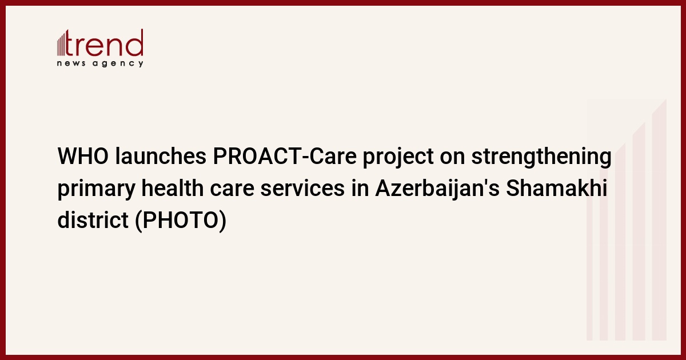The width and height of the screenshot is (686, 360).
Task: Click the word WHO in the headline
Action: [83, 156]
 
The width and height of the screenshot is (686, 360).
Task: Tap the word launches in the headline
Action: [161, 156]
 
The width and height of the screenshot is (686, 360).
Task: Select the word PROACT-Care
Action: [285, 156]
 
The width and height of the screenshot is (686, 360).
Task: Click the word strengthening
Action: [541, 157]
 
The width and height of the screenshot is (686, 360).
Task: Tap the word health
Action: [173, 188]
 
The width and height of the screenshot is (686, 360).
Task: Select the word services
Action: [302, 189]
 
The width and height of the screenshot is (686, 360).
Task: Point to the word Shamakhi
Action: [556, 188]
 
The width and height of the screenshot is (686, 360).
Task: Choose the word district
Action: [93, 220]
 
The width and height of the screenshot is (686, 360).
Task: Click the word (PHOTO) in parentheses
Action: [181, 221]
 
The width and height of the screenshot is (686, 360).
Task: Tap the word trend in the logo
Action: [104, 43]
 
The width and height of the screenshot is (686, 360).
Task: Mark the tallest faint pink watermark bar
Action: [659, 219]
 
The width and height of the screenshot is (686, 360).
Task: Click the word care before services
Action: [232, 189]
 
